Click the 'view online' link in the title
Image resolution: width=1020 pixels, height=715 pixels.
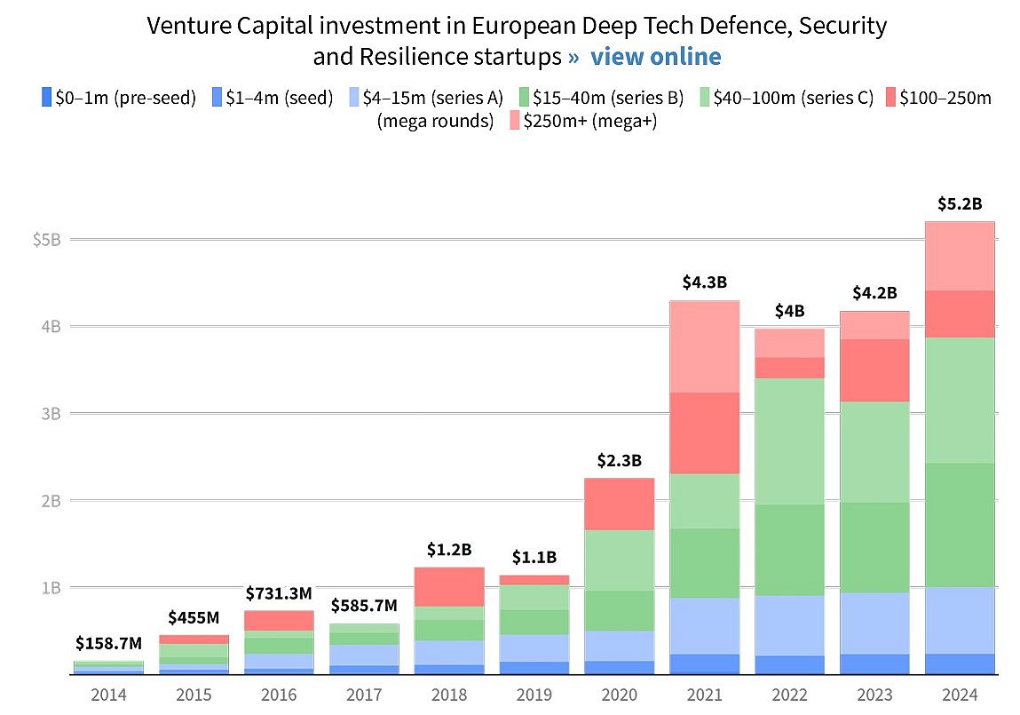pyautogui.click(x=655, y=57)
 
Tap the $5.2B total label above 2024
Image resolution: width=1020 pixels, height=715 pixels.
pyautogui.click(x=960, y=203)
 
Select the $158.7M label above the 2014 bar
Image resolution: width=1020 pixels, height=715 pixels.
pyautogui.click(x=109, y=642)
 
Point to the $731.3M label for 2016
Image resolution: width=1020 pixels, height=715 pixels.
pyautogui.click(x=278, y=592)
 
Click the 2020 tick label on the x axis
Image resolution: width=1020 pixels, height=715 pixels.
pyautogui.click(x=619, y=694)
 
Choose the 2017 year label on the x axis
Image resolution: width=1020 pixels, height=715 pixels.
pyautogui.click(x=364, y=694)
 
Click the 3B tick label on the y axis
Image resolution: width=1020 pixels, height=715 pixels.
pyautogui.click(x=50, y=414)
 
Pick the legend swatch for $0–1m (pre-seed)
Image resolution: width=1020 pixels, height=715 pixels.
pyautogui.click(x=46, y=98)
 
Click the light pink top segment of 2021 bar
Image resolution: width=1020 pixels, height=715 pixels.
pyautogui.click(x=705, y=346)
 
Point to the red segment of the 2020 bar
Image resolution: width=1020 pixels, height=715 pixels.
pyautogui.click(x=619, y=504)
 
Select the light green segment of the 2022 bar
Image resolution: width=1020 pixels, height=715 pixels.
pyautogui.click(x=790, y=441)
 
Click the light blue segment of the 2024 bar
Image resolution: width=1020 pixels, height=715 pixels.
pyautogui.click(x=960, y=620)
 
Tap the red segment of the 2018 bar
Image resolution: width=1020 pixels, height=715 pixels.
pyautogui.click(x=449, y=586)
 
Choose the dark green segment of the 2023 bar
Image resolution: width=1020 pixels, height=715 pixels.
pyautogui.click(x=875, y=547)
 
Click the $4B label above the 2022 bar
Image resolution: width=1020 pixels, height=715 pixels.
pyautogui.click(x=789, y=311)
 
